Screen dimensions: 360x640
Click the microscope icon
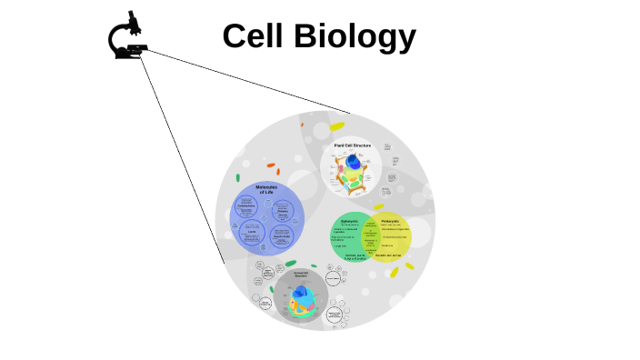tap(128, 37)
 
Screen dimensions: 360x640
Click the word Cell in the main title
tap(255, 36)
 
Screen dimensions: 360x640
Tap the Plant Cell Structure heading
tap(352, 145)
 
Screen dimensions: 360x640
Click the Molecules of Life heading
tap(266, 190)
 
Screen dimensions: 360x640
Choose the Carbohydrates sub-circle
tap(246, 208)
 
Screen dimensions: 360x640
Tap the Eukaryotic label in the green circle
tap(350, 221)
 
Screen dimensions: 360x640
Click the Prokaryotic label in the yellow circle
tap(391, 221)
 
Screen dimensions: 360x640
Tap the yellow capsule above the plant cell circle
tap(337, 126)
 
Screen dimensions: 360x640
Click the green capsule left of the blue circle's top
tap(238, 178)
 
